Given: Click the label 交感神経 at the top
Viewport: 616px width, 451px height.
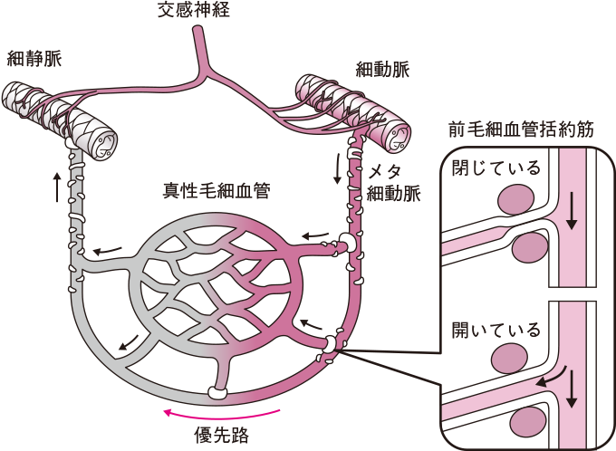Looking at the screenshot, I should (x=198, y=11).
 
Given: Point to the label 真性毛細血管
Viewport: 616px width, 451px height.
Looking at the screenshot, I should (x=215, y=191).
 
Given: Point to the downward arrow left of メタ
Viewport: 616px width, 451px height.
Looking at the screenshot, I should (x=338, y=169).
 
